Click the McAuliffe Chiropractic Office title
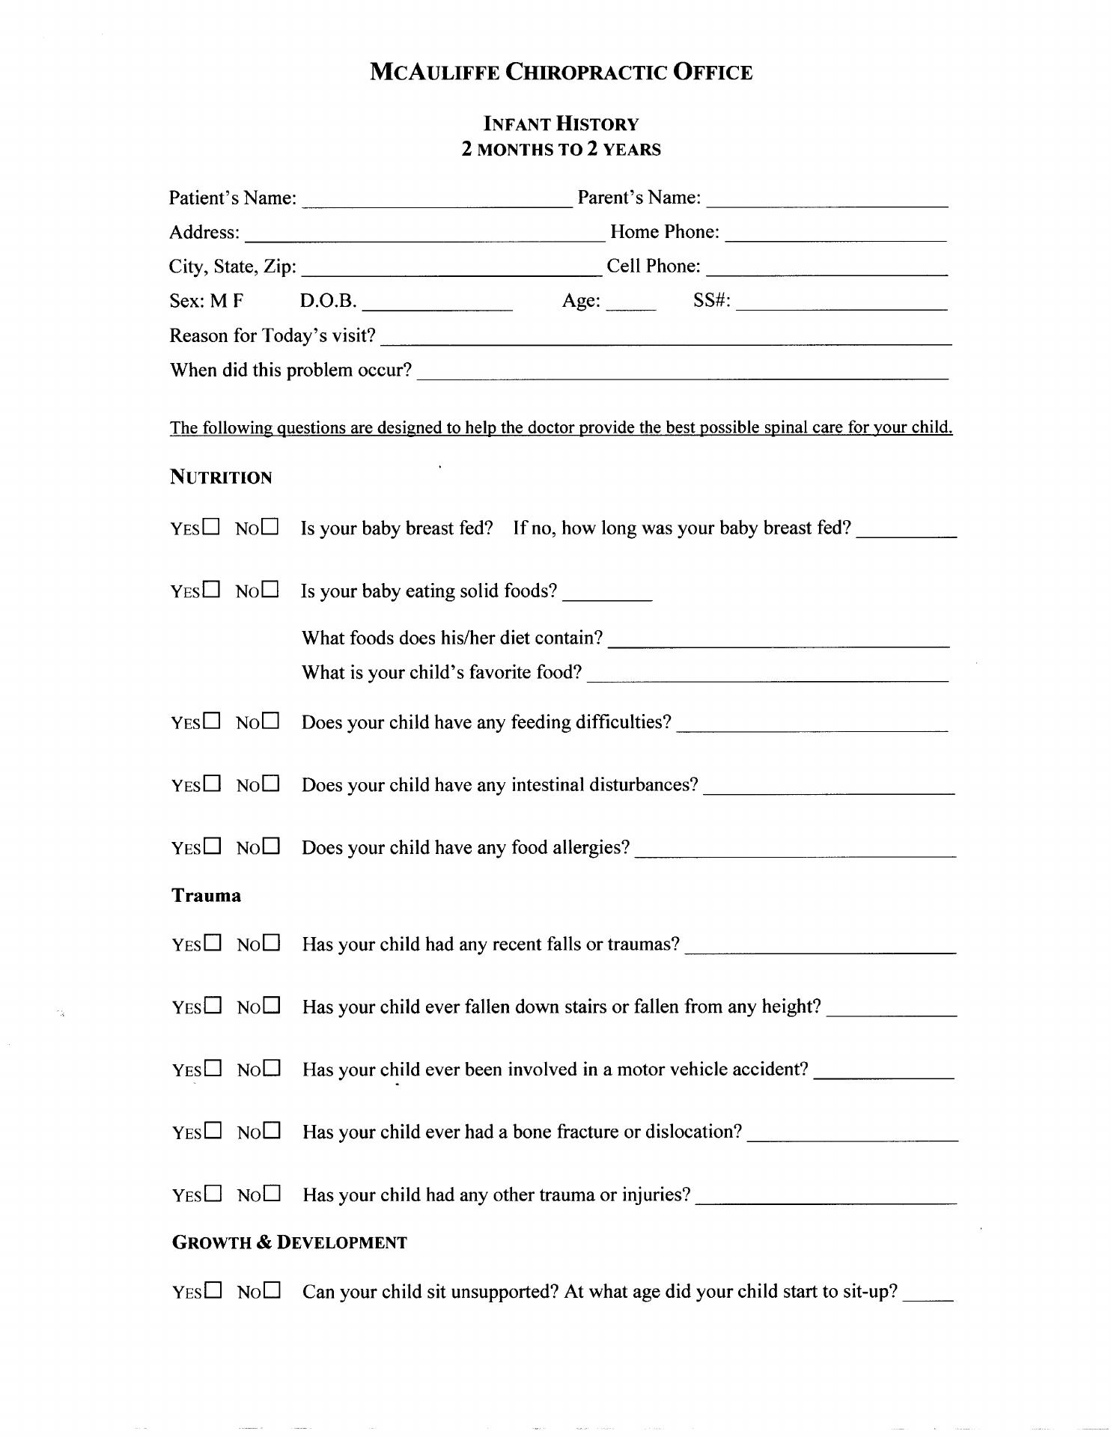(561, 73)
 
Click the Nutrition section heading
(221, 478)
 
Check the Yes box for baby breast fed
(211, 527)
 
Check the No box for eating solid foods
(270, 590)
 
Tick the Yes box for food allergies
(212, 846)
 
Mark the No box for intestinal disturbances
(270, 784)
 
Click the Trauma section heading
(206, 896)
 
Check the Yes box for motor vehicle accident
(213, 1068)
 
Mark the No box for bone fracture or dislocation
(271, 1130)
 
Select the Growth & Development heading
(290, 1242)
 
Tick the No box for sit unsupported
(271, 1290)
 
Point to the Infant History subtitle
(561, 124)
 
